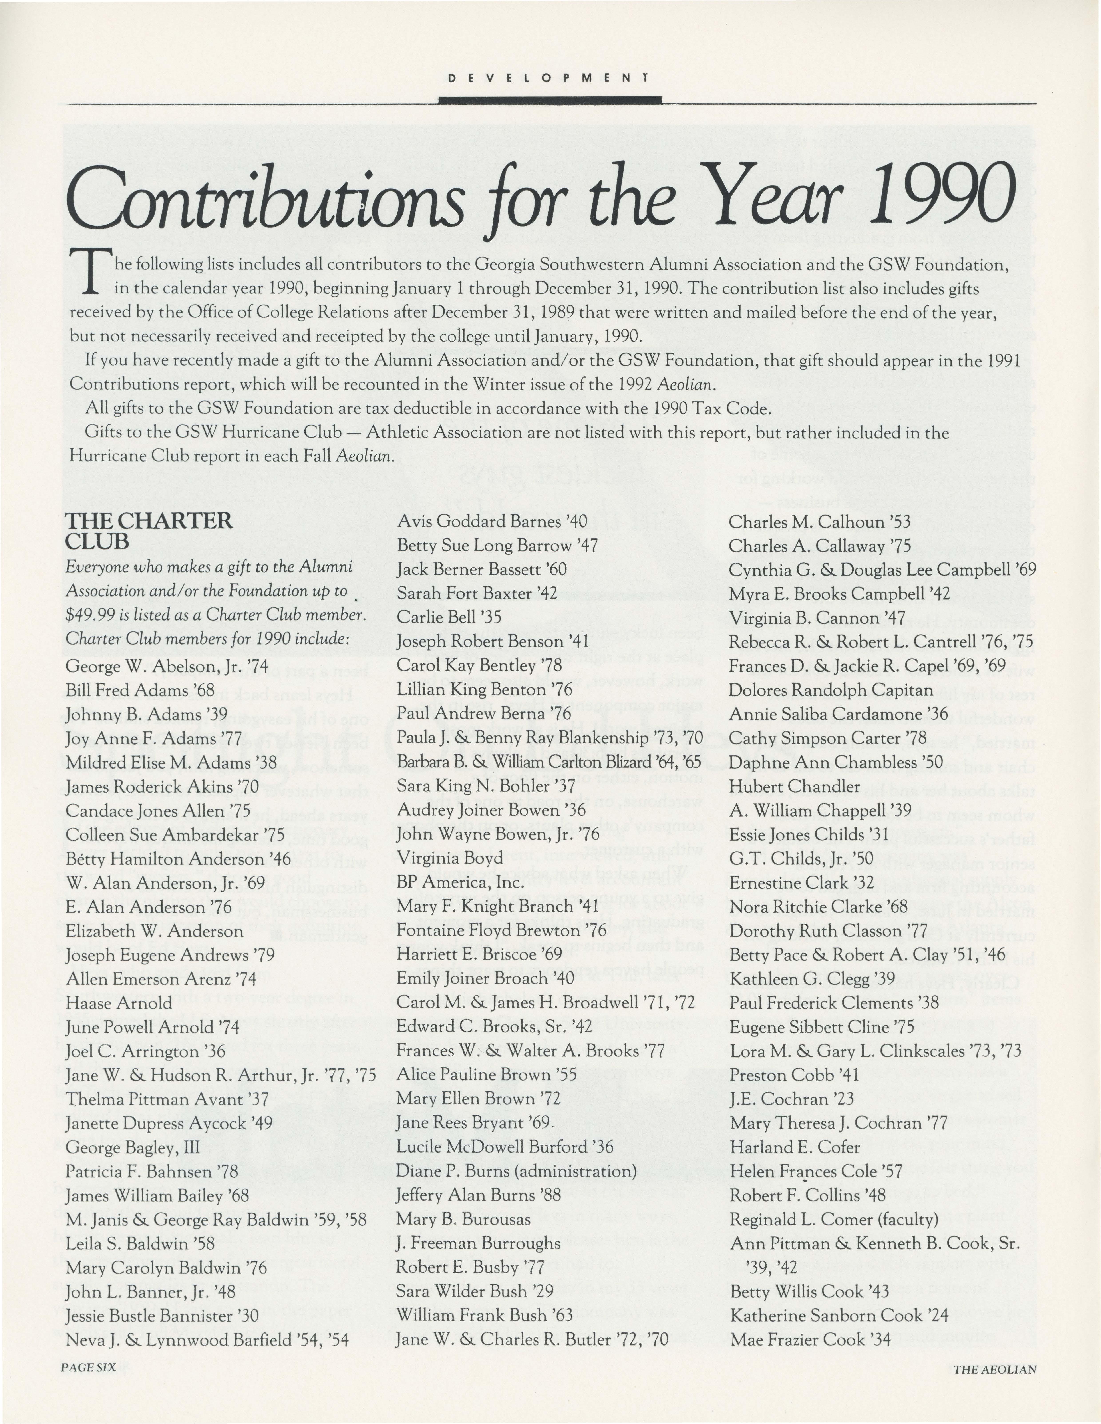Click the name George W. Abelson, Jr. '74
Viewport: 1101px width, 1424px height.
click(x=166, y=666)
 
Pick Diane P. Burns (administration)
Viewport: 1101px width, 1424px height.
click(x=516, y=1171)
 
